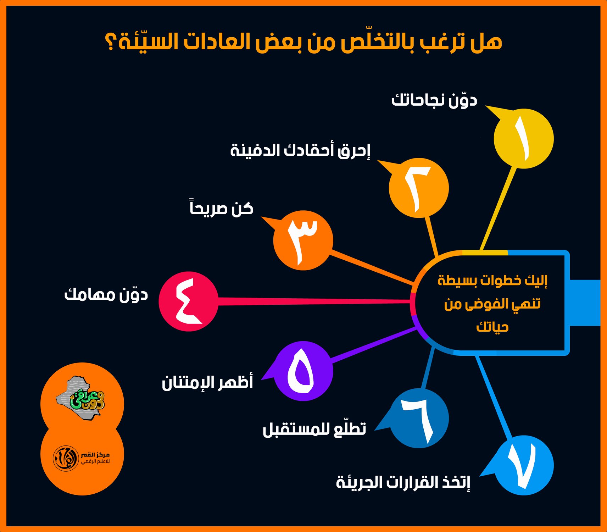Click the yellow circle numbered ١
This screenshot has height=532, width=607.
click(x=524, y=139)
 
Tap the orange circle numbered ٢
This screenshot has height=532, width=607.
click(x=419, y=188)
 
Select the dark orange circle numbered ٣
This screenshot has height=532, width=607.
click(x=303, y=240)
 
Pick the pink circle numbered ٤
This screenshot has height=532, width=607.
click(x=188, y=301)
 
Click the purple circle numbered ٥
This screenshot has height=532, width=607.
click(x=303, y=371)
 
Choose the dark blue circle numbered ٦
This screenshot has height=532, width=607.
click(x=419, y=418)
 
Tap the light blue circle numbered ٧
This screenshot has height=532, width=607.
click(x=524, y=465)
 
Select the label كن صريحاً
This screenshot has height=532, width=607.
click(x=222, y=208)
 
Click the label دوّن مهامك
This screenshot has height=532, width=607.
click(x=106, y=294)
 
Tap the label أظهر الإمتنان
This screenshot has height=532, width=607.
click(x=207, y=382)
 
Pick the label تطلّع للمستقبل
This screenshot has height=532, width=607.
click(x=314, y=428)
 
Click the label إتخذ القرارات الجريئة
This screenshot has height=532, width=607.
click(x=403, y=482)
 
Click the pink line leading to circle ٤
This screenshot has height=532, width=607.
click(x=314, y=301)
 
